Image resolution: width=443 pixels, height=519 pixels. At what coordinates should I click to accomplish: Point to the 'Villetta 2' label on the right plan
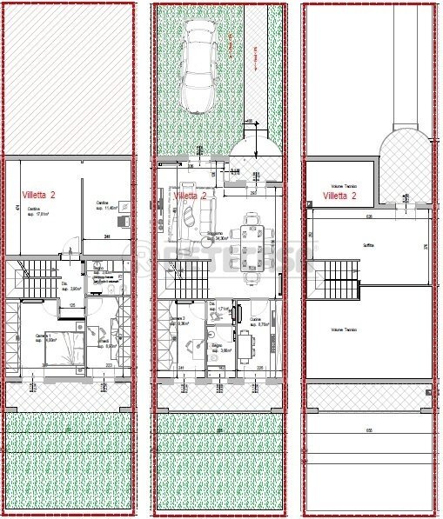[340, 196]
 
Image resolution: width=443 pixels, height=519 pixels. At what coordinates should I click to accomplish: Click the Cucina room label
[260, 322]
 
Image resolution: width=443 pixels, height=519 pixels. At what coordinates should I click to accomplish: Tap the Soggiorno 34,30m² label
[215, 236]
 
